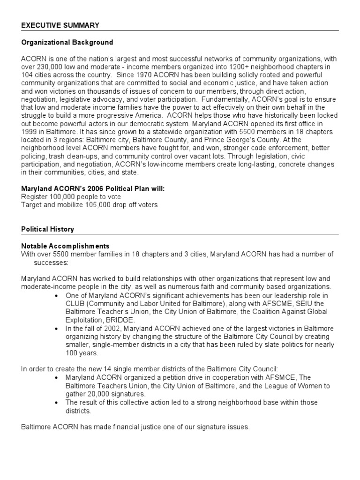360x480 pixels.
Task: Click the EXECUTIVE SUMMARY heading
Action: click(x=60, y=25)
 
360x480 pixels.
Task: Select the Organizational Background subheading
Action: click(x=67, y=43)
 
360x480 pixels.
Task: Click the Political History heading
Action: click(x=47, y=229)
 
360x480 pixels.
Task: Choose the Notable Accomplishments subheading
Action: click(x=65, y=246)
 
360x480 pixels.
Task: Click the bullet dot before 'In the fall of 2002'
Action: click(x=57, y=329)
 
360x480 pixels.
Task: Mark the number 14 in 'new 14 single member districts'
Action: click(x=98, y=369)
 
